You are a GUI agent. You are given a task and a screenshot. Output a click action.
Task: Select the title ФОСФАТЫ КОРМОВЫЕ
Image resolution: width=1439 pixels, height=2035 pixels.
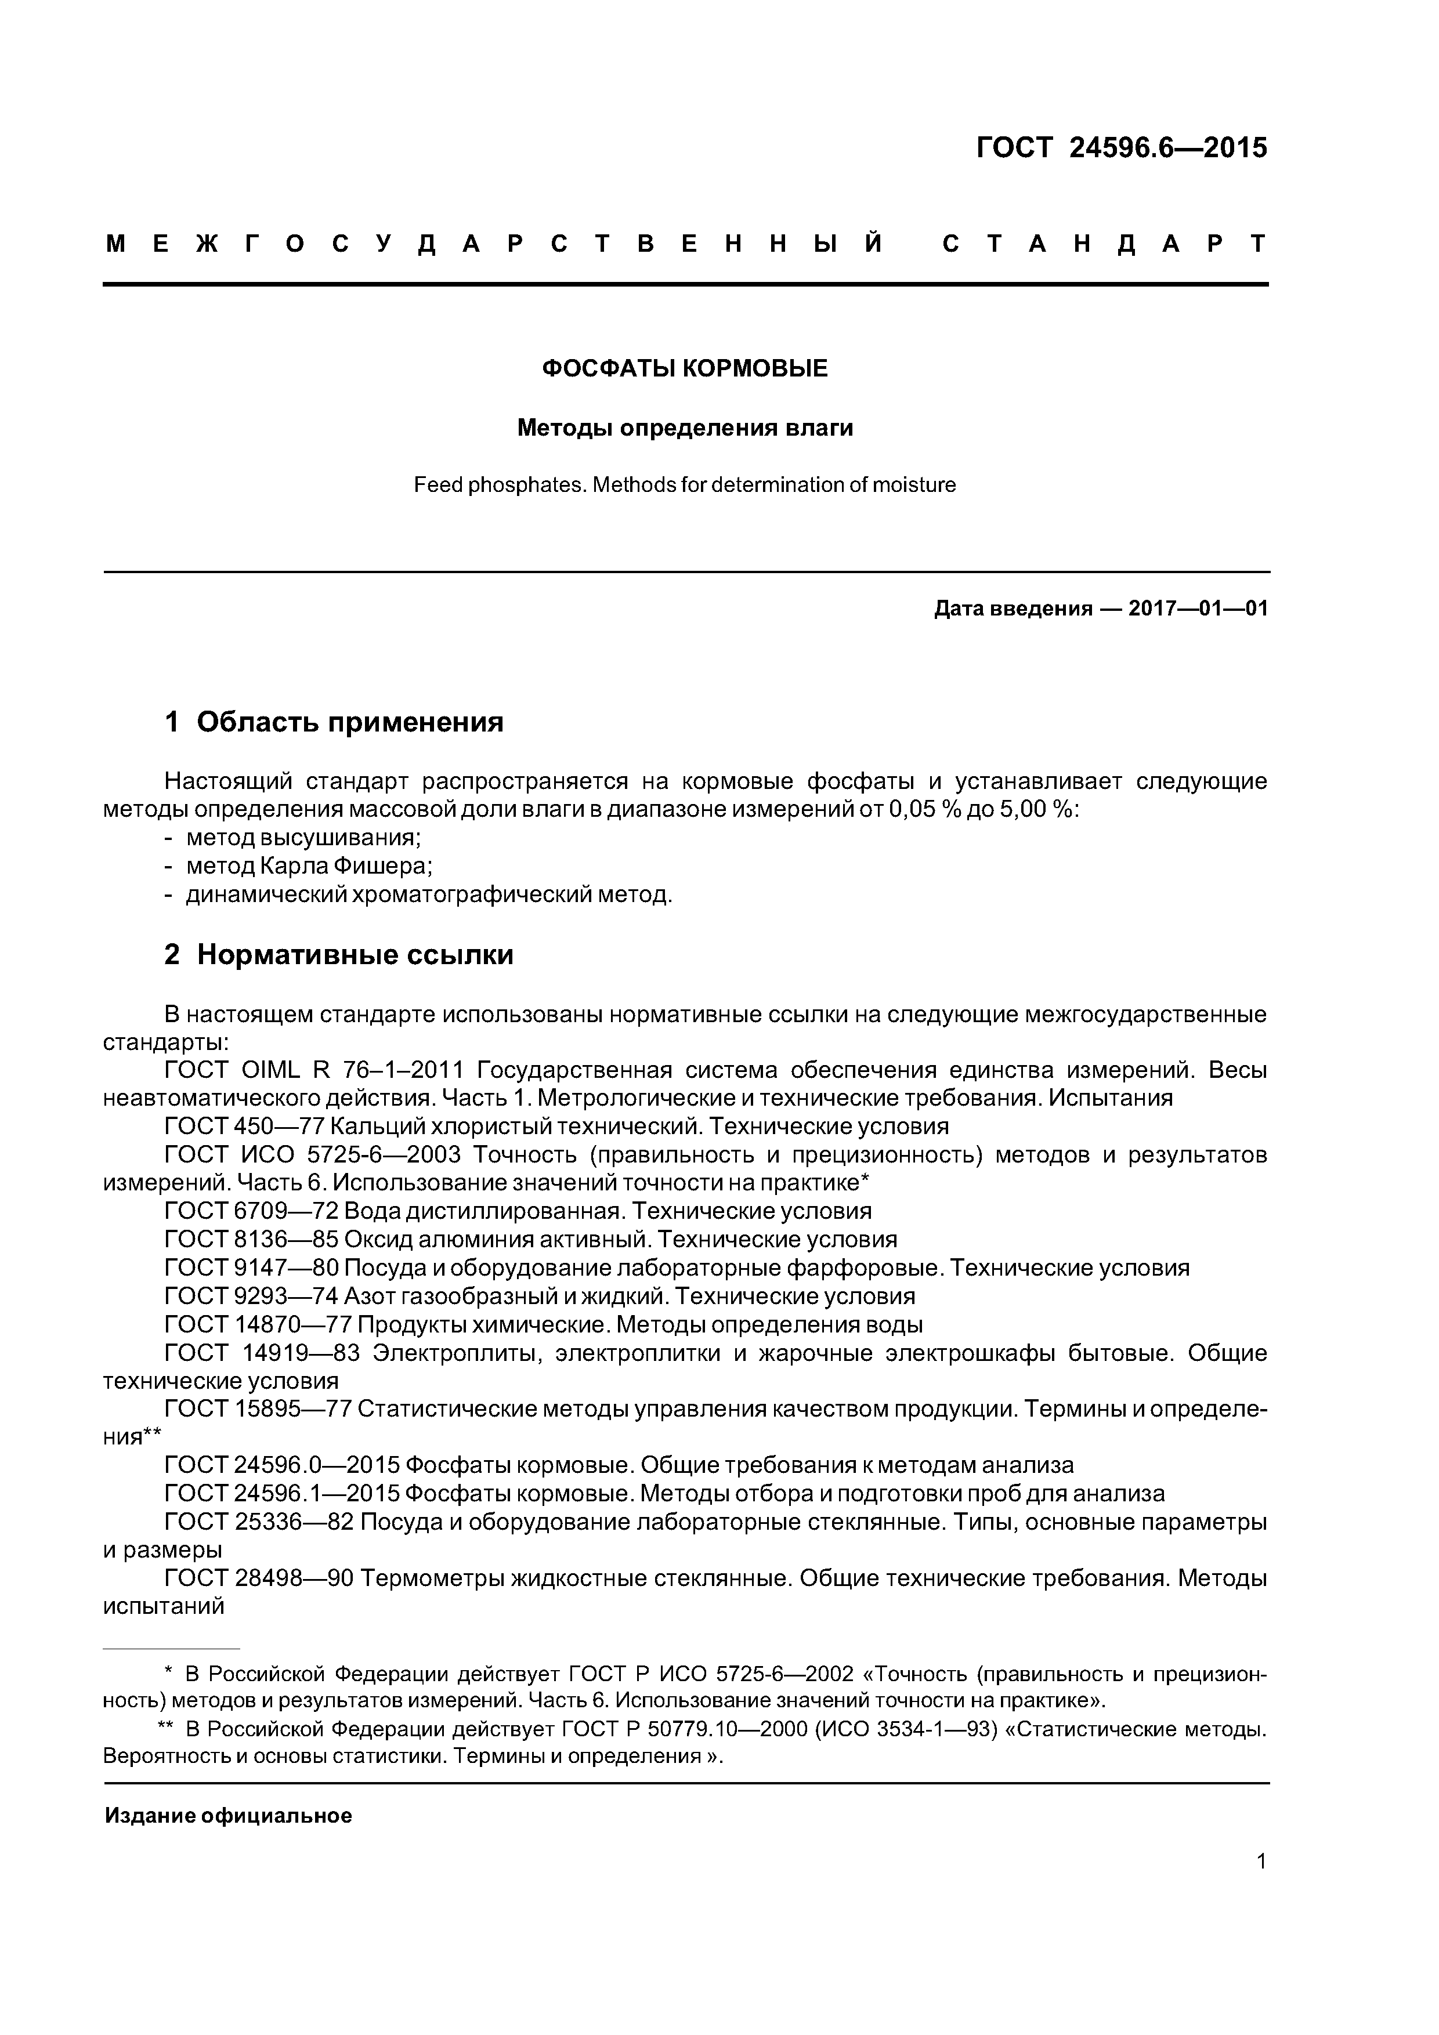point(685,369)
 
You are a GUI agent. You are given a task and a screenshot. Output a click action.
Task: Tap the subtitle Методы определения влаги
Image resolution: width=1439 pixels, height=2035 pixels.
point(685,428)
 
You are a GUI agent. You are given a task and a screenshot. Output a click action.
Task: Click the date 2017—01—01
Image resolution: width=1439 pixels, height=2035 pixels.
point(1198,609)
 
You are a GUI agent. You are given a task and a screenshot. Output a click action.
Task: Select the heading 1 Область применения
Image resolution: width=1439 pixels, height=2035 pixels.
point(334,722)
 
